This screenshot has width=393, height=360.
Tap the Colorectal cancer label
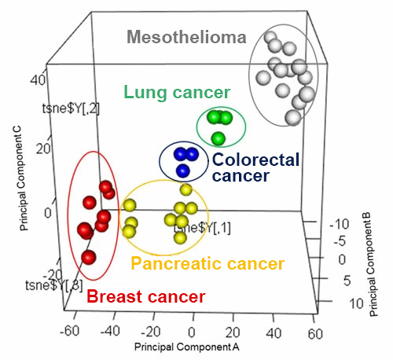click(x=255, y=167)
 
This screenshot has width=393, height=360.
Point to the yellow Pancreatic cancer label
click(x=208, y=264)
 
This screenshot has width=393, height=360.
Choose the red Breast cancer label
click(x=145, y=297)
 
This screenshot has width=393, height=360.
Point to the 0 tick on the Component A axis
click(x=189, y=330)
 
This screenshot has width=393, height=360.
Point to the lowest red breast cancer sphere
click(x=89, y=257)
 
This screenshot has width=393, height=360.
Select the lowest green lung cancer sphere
click(x=219, y=138)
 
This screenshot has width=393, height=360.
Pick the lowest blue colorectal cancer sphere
click(x=183, y=170)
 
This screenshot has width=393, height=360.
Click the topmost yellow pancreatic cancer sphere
click(x=185, y=189)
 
